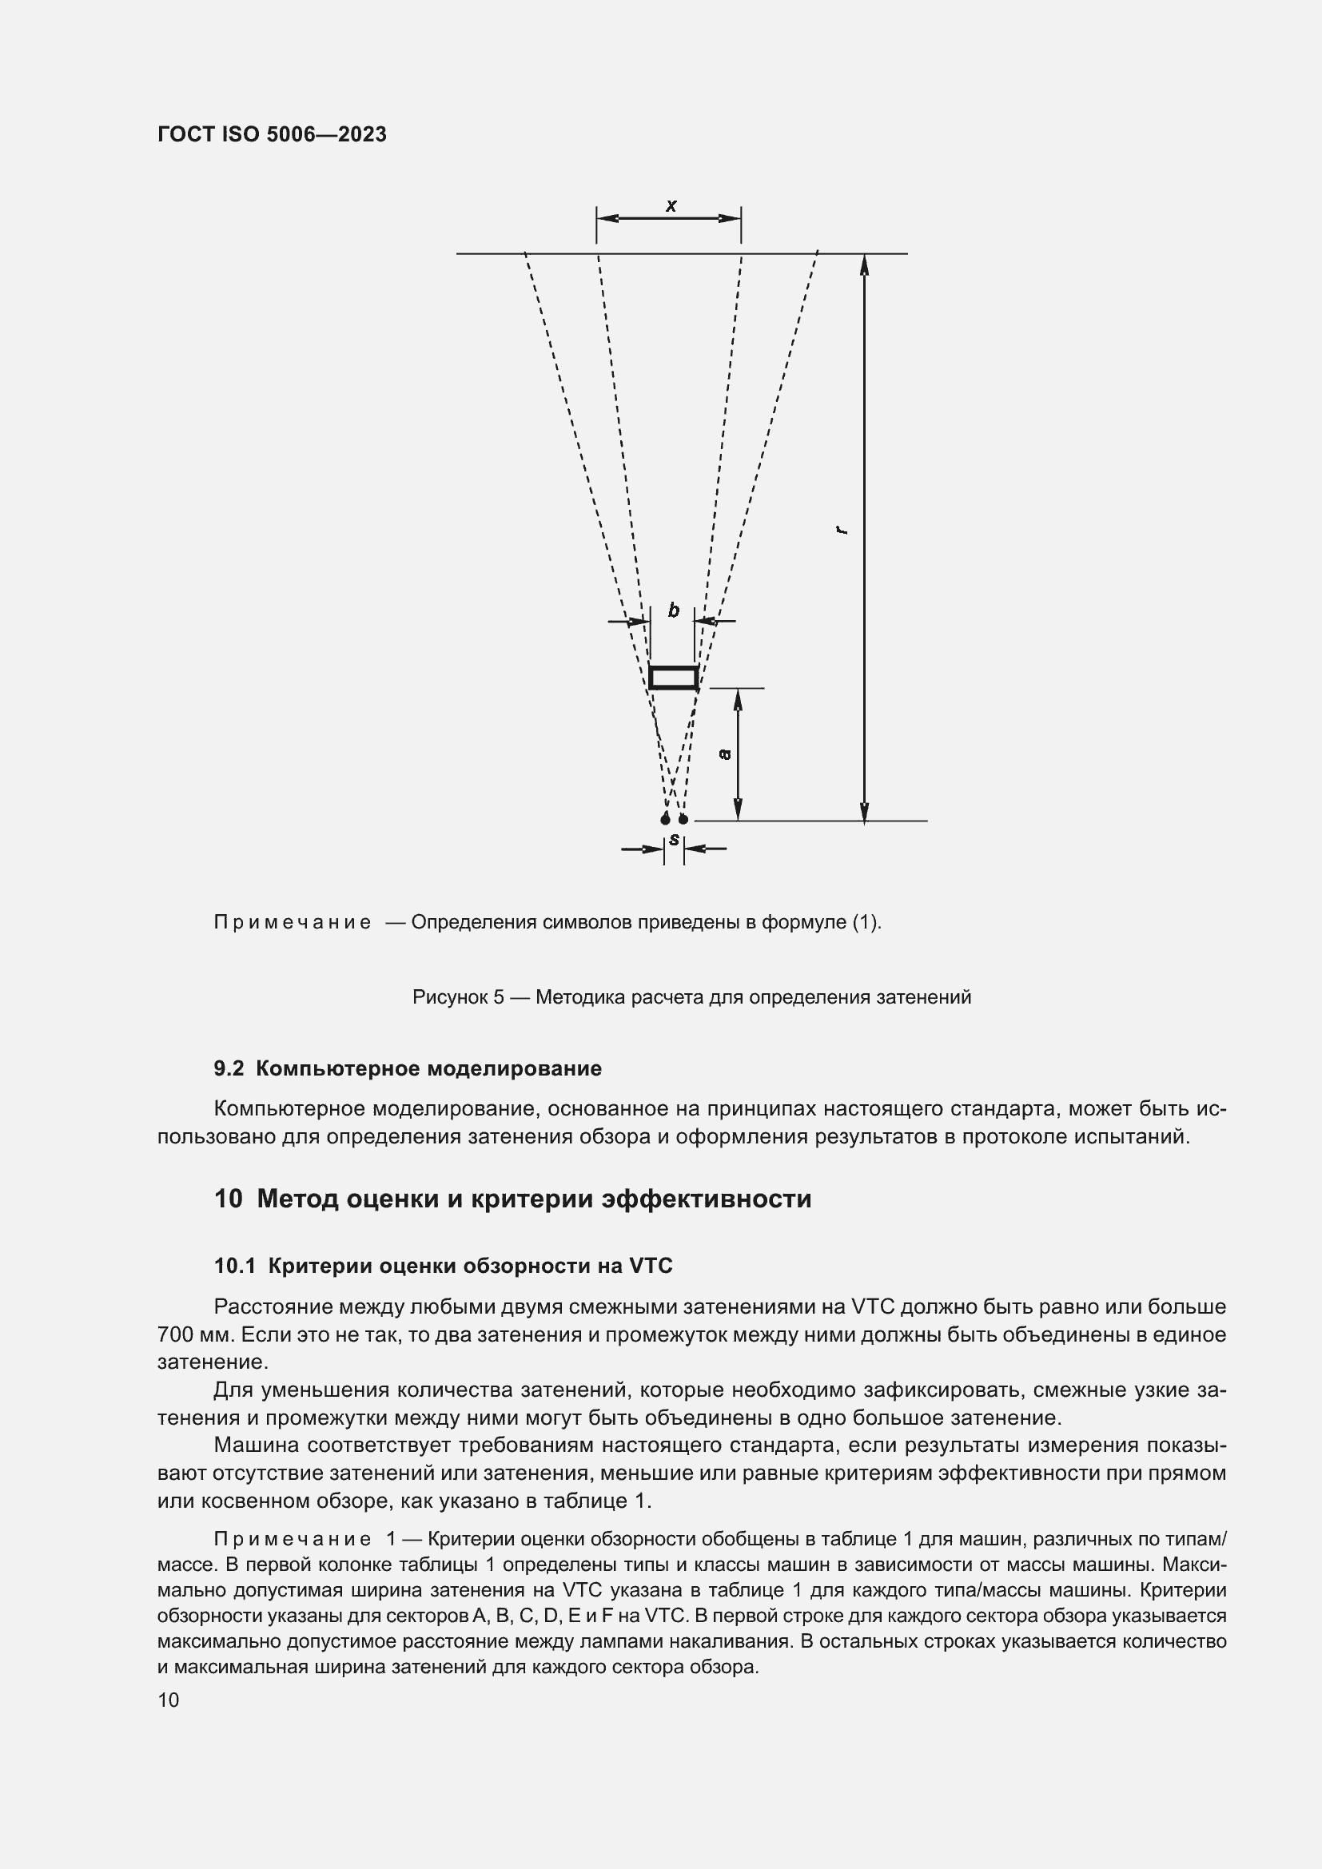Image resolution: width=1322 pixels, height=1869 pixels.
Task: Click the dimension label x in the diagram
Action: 671,205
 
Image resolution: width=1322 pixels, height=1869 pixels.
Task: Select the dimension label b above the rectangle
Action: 673,610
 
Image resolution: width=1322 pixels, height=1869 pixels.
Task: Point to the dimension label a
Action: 724,754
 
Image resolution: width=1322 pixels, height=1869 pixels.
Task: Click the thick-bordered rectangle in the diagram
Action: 673,678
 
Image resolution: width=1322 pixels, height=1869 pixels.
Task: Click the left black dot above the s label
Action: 665,819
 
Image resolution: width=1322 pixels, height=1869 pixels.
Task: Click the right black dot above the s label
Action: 683,819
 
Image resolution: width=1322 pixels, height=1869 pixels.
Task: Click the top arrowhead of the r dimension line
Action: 865,264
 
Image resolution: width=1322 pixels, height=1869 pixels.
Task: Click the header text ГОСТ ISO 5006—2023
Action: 272,135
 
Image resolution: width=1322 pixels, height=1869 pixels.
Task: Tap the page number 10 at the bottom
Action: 168,1700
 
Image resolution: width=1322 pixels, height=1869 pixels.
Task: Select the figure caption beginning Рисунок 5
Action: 691,997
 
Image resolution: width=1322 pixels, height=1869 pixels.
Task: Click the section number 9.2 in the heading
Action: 229,1069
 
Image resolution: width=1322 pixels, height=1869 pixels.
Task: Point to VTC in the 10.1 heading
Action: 651,1266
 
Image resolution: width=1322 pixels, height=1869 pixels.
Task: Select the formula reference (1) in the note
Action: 866,922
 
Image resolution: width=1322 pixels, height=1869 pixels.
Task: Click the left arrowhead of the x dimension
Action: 607,218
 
